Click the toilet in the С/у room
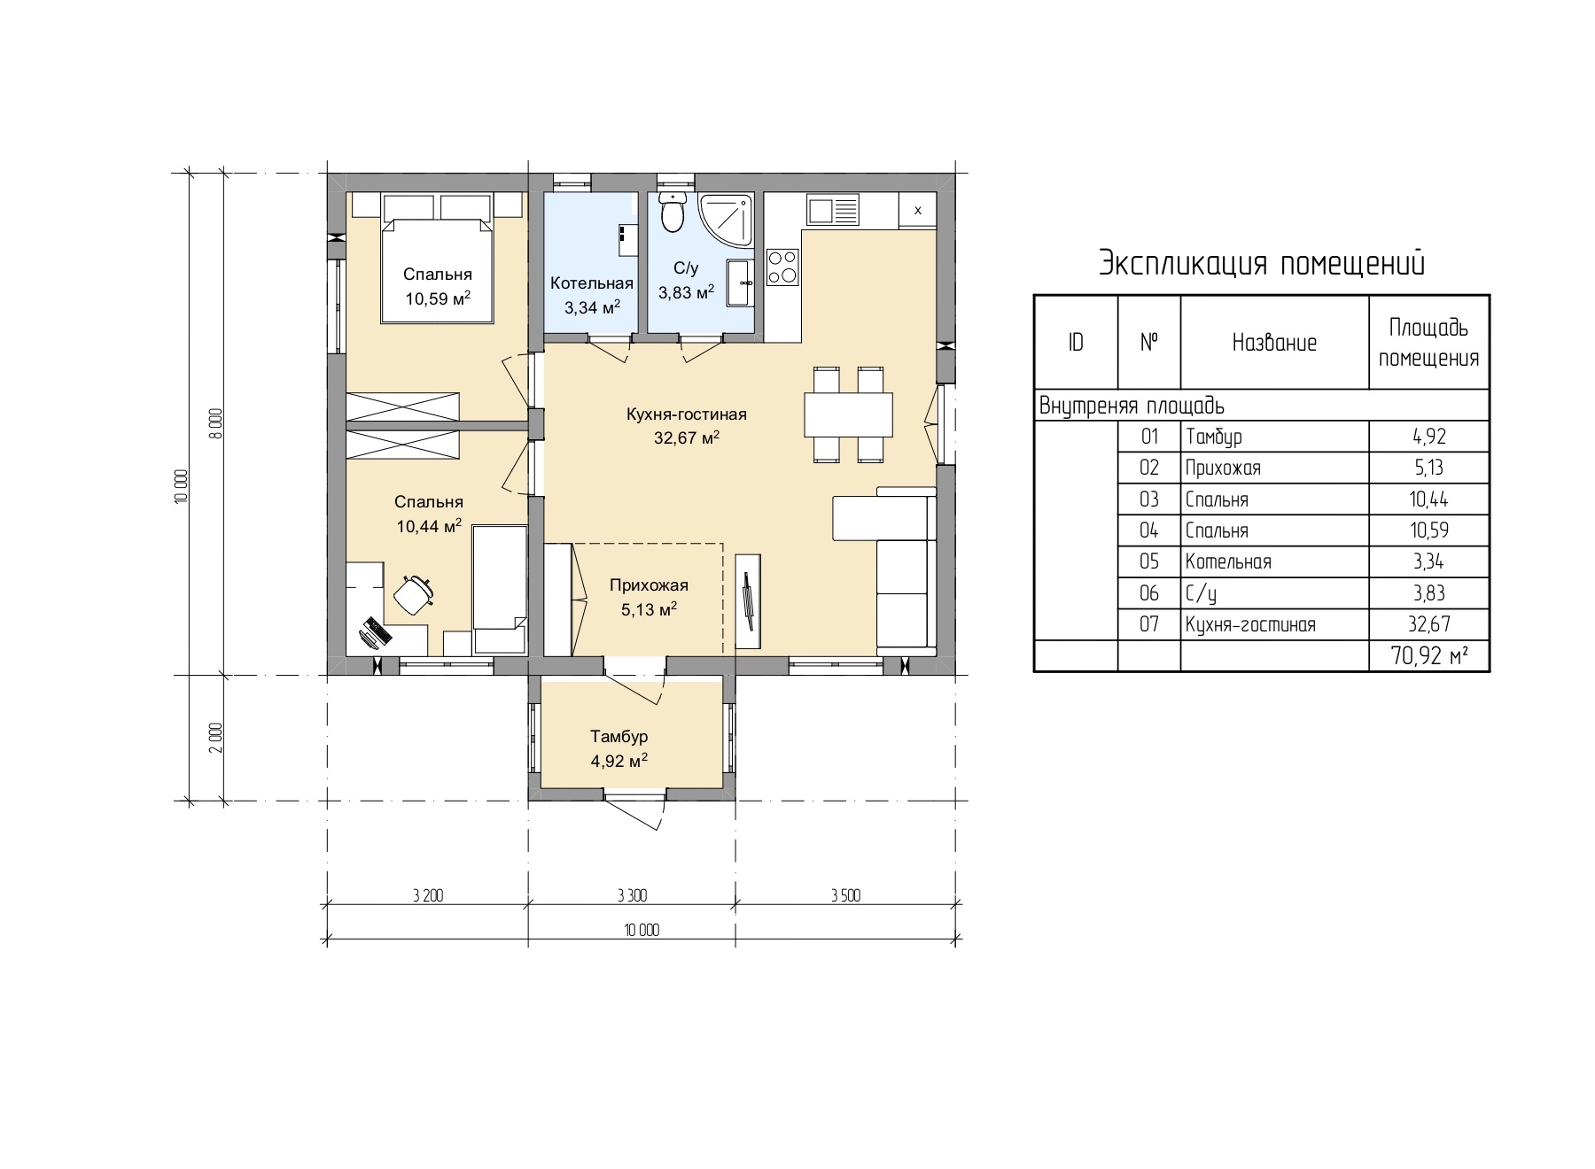pyautogui.click(x=673, y=212)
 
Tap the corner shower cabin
pyautogui.click(x=727, y=219)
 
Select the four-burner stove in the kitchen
pyautogui.click(x=782, y=267)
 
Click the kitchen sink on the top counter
pyautogui.click(x=832, y=211)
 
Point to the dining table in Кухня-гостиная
pyautogui.click(x=848, y=414)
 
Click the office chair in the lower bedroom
pyautogui.click(x=412, y=593)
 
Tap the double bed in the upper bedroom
pyautogui.click(x=438, y=269)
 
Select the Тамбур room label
pyautogui.click(x=619, y=737)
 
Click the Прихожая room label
pyautogui.click(x=649, y=585)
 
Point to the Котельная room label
pyautogui.click(x=592, y=283)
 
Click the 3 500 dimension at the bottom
pyautogui.click(x=845, y=895)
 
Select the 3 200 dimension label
pyautogui.click(x=427, y=895)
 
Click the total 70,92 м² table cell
pyautogui.click(x=1428, y=656)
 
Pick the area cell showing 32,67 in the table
pyautogui.click(x=1428, y=624)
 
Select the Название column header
pyautogui.click(x=1274, y=343)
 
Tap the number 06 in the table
pyautogui.click(x=1148, y=593)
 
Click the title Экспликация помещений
pyautogui.click(x=1262, y=263)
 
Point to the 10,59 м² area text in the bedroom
pyautogui.click(x=438, y=298)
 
